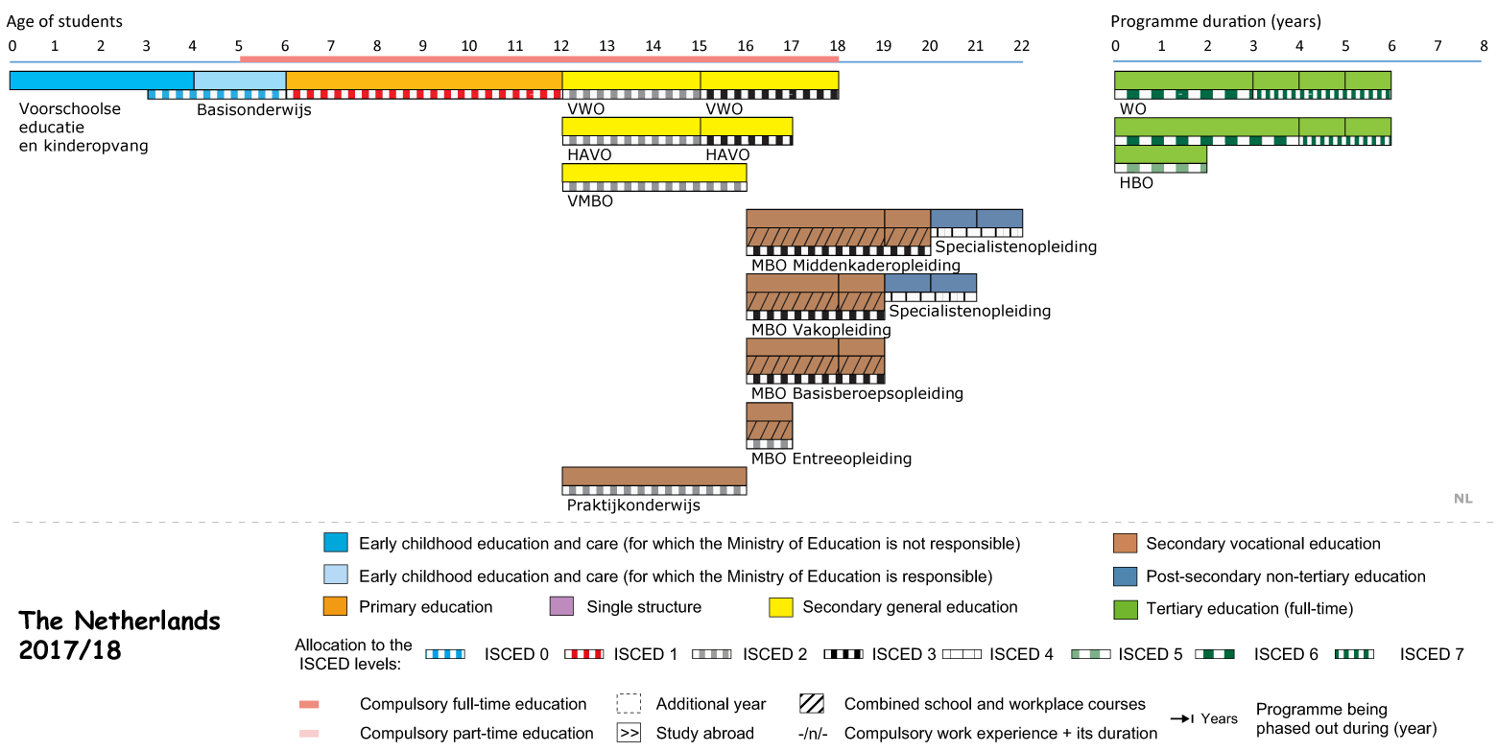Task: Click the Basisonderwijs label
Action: click(x=254, y=109)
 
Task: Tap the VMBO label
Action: click(x=590, y=201)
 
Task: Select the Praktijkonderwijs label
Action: click(x=633, y=505)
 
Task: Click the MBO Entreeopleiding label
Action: click(x=831, y=458)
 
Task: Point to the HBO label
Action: click(x=1136, y=183)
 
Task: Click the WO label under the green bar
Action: click(x=1132, y=109)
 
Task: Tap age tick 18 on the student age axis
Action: click(x=838, y=46)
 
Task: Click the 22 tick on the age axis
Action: click(x=1022, y=46)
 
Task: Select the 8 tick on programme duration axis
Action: click(x=1484, y=46)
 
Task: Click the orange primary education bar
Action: click(x=424, y=81)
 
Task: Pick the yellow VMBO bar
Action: click(x=654, y=173)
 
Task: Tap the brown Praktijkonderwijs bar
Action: click(x=654, y=477)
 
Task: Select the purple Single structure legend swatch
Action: click(x=561, y=607)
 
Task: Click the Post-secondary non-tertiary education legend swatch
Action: click(x=1126, y=576)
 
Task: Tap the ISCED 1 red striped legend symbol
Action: click(x=583, y=654)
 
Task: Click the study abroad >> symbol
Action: click(x=629, y=733)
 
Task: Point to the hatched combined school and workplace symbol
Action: click(x=811, y=704)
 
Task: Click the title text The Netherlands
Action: click(x=119, y=622)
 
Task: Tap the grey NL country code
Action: click(x=1462, y=499)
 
